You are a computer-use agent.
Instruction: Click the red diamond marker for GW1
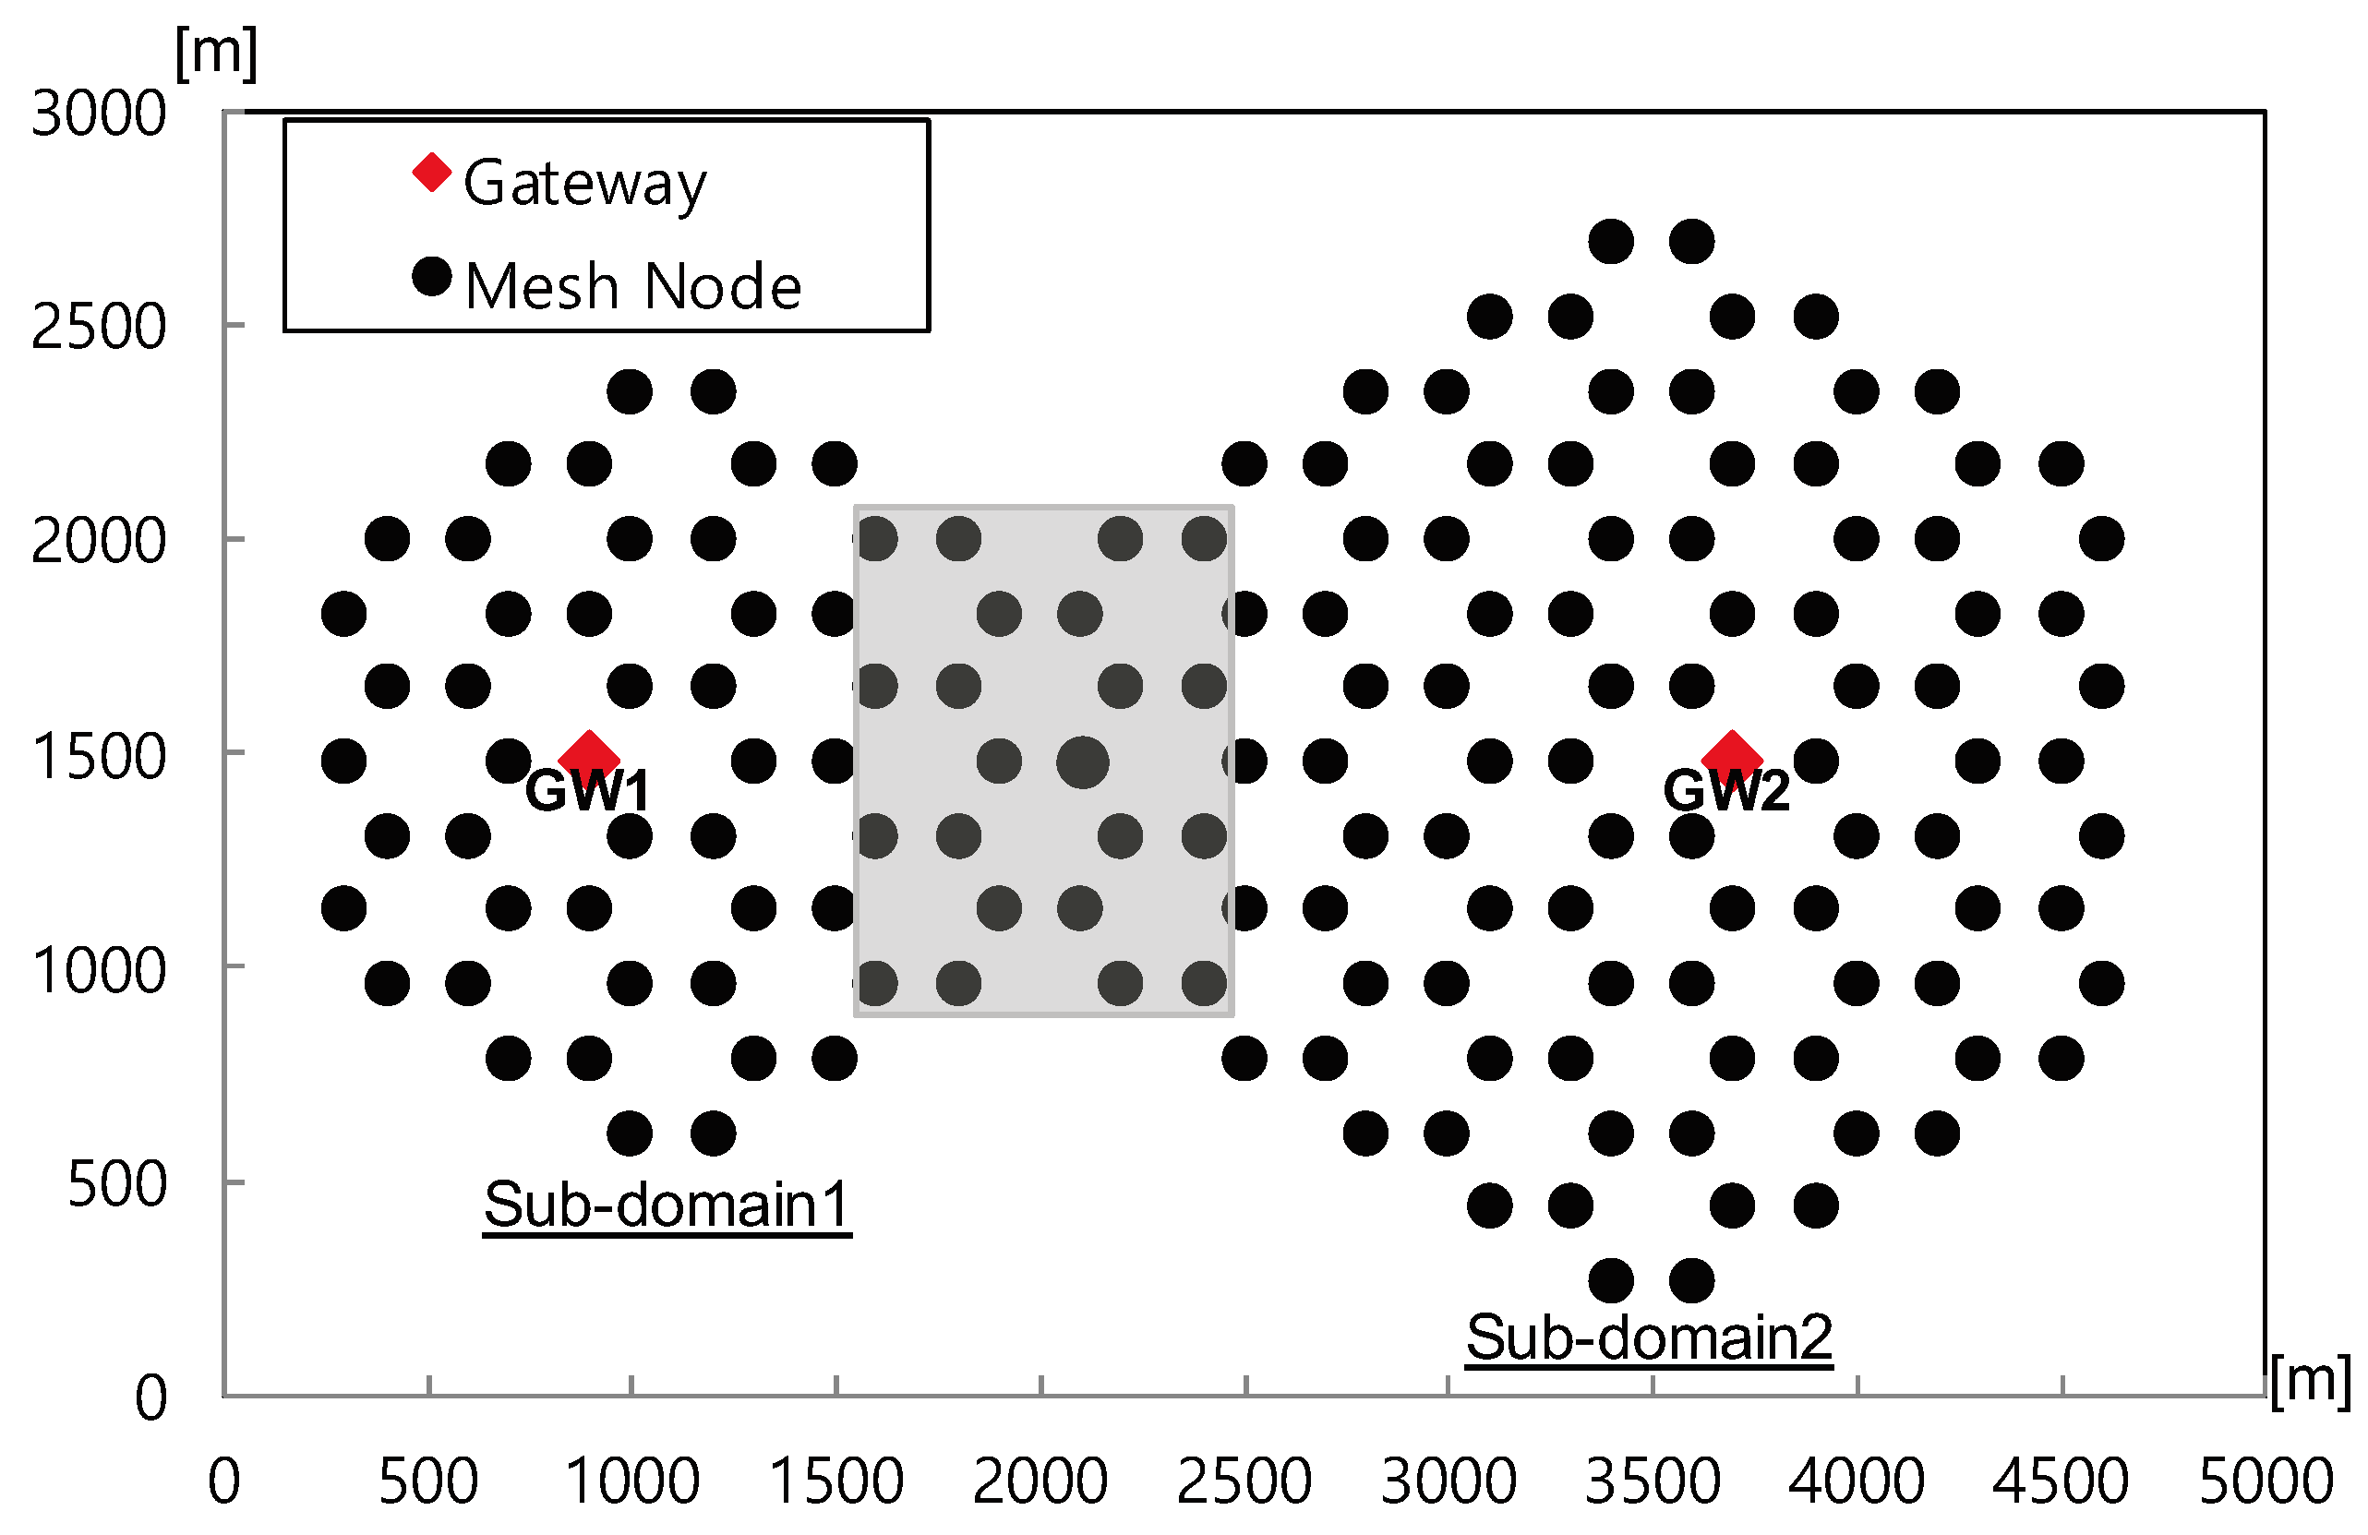[589, 757]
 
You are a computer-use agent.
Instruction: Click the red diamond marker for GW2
[1731, 757]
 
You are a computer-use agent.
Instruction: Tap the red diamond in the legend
[432, 172]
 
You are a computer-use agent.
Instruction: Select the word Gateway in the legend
[585, 184]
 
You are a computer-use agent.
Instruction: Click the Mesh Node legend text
[632, 286]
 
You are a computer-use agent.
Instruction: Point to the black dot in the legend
[432, 276]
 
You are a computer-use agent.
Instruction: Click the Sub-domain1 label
[667, 1205]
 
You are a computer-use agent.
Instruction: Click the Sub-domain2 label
[1649, 1337]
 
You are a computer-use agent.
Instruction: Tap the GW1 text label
[587, 792]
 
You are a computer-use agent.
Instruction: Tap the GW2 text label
[1726, 792]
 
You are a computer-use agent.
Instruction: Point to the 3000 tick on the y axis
[99, 114]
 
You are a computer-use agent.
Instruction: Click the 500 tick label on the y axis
[116, 1184]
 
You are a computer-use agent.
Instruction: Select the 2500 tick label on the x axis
[1244, 1481]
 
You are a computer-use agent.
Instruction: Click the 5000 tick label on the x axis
[2266, 1481]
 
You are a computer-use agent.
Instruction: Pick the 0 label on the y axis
[150, 1397]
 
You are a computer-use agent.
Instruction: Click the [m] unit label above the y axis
[216, 54]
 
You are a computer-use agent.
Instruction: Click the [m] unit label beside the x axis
[2309, 1381]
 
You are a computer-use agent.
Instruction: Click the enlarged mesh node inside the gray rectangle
[1081, 763]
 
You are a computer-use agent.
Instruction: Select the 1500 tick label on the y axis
[99, 756]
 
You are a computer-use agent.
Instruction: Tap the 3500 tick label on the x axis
[1652, 1481]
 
